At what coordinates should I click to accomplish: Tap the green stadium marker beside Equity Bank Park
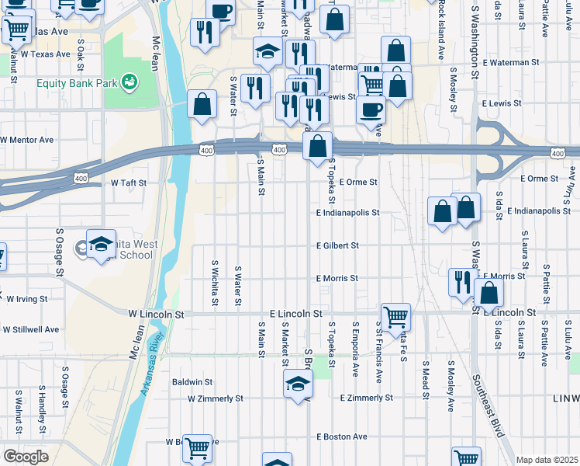pyautogui.click(x=129, y=79)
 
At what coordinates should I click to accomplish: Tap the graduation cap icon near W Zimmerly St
pyautogui.click(x=298, y=384)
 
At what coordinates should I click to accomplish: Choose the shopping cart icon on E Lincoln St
pyautogui.click(x=395, y=315)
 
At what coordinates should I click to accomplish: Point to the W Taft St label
pyautogui.click(x=129, y=183)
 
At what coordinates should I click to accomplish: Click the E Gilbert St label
pyautogui.click(x=337, y=245)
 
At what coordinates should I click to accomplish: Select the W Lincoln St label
pyautogui.click(x=157, y=315)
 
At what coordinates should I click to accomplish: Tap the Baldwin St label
pyautogui.click(x=192, y=382)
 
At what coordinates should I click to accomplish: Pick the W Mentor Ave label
pyautogui.click(x=27, y=140)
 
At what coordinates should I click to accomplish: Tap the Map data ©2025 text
pyautogui.click(x=547, y=460)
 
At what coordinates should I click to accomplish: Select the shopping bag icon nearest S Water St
pyautogui.click(x=202, y=105)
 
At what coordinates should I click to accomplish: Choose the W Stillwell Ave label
pyautogui.click(x=31, y=329)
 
